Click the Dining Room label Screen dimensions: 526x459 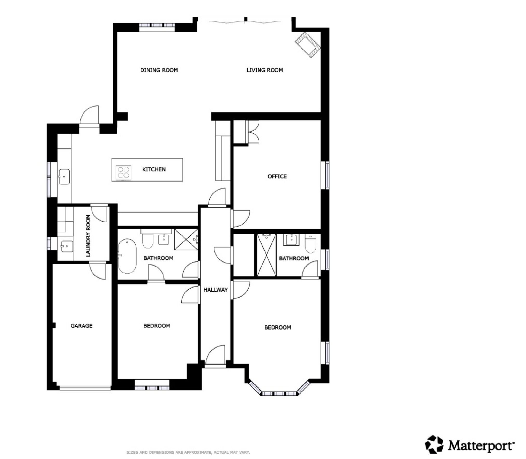[x=159, y=70]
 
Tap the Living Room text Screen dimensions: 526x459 [x=265, y=70]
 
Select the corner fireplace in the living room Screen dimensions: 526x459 [x=308, y=44]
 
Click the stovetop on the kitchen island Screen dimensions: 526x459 [x=124, y=173]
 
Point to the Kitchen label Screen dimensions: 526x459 [x=154, y=169]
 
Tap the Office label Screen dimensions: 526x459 [x=277, y=176]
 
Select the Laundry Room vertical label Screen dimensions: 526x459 [x=88, y=236]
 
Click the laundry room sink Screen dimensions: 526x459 [x=67, y=246]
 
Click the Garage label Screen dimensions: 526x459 [x=82, y=326]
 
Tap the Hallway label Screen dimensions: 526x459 [x=215, y=290]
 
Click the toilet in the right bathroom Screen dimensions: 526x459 [x=310, y=243]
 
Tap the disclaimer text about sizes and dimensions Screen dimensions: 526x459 [x=188, y=453]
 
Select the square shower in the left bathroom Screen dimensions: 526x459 [x=186, y=239]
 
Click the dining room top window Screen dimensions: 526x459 [x=157, y=25]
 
